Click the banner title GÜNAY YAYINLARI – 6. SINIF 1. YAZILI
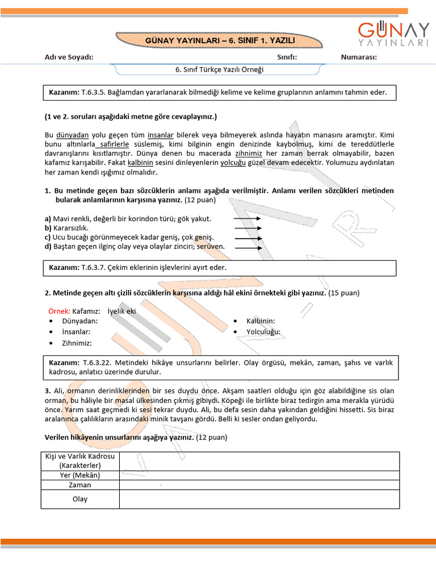point(219,40)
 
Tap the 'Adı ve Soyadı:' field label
point(69,57)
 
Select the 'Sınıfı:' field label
point(287,57)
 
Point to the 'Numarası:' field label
point(359,57)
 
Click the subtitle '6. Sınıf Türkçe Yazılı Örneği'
point(219,70)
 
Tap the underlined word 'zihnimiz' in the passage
point(248,153)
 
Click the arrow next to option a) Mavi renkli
point(247,219)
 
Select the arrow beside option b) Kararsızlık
point(247,228)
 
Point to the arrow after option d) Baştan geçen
point(247,247)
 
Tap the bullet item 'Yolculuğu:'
point(263,332)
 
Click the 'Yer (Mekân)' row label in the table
point(80,475)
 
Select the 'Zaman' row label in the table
point(80,485)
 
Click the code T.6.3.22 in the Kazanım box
point(99,362)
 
